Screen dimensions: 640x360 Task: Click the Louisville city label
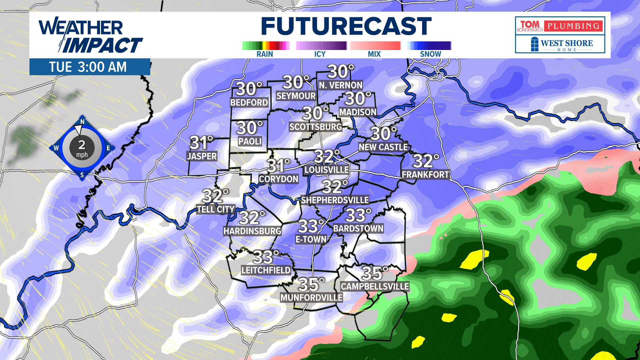326,170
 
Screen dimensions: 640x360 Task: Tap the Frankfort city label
425,175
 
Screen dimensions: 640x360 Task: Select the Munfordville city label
311,298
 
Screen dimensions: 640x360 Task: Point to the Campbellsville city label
375,287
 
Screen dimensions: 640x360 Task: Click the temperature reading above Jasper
201,143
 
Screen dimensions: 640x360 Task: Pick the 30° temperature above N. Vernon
340,72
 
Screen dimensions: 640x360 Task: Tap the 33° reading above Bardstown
358,215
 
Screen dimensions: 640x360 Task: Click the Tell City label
216,209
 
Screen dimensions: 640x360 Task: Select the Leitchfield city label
266,270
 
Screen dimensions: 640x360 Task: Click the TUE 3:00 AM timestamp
88,67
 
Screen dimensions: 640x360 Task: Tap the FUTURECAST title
346,26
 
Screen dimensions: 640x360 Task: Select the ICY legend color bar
321,46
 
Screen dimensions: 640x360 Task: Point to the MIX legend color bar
375,46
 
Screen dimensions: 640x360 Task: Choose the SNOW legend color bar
429,46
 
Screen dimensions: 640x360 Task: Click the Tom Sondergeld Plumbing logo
560,26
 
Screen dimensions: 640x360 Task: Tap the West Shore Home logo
560,44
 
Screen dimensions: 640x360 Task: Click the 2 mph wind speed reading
82,148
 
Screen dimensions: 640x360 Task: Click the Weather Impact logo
90,36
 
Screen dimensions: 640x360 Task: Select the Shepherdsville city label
335,200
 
